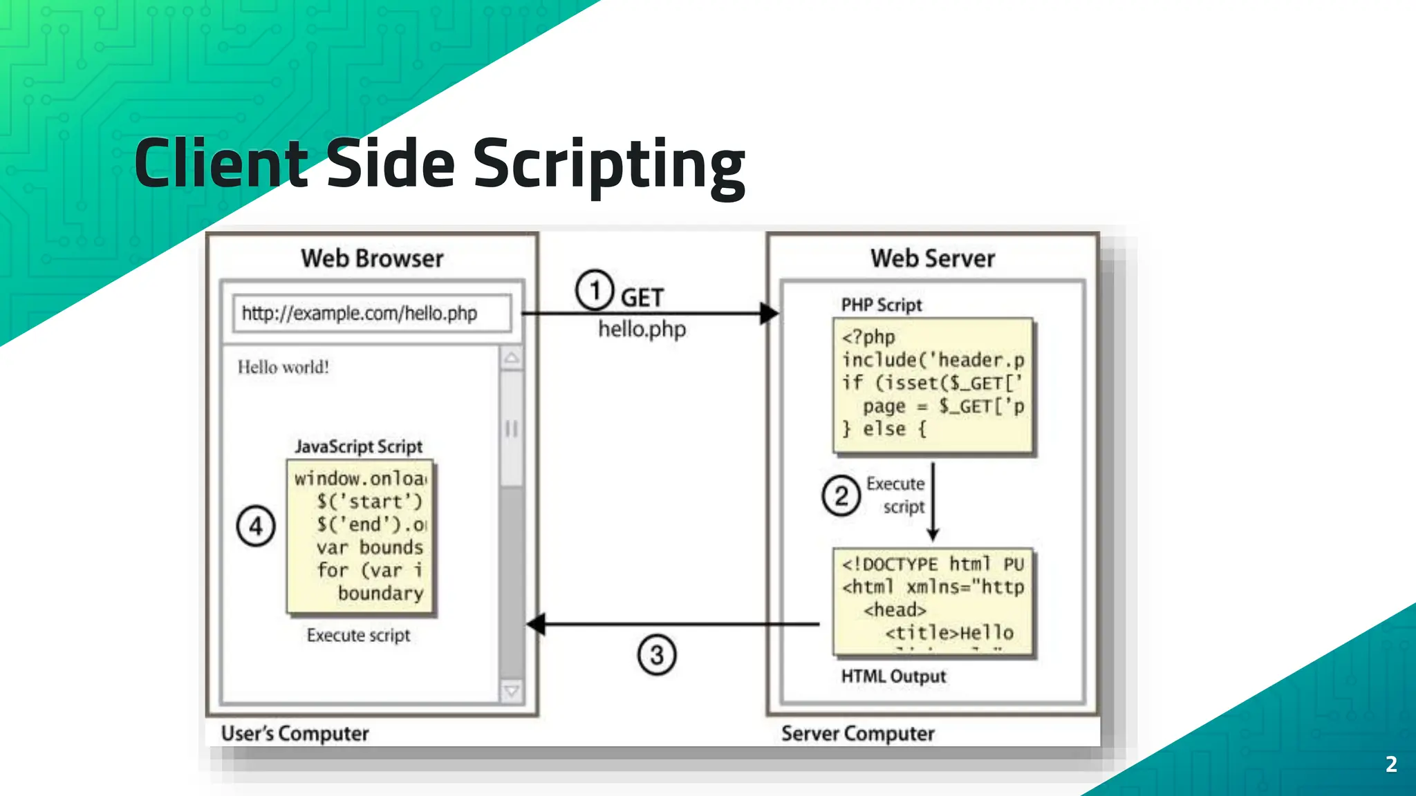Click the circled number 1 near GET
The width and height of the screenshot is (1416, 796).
(595, 290)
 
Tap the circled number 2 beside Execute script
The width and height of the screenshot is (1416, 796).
(841, 496)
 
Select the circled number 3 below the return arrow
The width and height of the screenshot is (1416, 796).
(656, 655)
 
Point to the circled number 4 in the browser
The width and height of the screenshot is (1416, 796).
(256, 527)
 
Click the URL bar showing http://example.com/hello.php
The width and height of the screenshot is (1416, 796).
(372, 314)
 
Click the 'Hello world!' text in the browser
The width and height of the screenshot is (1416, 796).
(283, 367)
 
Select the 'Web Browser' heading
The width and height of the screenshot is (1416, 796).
(372, 258)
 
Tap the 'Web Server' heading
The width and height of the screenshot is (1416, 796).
(932, 258)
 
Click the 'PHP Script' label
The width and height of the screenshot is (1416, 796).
(882, 305)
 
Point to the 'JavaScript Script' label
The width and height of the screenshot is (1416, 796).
(358, 446)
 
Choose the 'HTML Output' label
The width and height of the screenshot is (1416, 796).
(893, 676)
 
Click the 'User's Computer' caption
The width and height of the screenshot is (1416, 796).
(295, 733)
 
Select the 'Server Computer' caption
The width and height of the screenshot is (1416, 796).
(857, 733)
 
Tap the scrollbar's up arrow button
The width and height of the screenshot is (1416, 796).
(512, 358)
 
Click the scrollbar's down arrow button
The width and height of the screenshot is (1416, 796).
(512, 690)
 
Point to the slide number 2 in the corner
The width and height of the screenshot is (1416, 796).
(1391, 764)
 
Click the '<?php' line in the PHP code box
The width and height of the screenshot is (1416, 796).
(868, 337)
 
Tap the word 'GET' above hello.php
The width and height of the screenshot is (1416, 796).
(642, 298)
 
